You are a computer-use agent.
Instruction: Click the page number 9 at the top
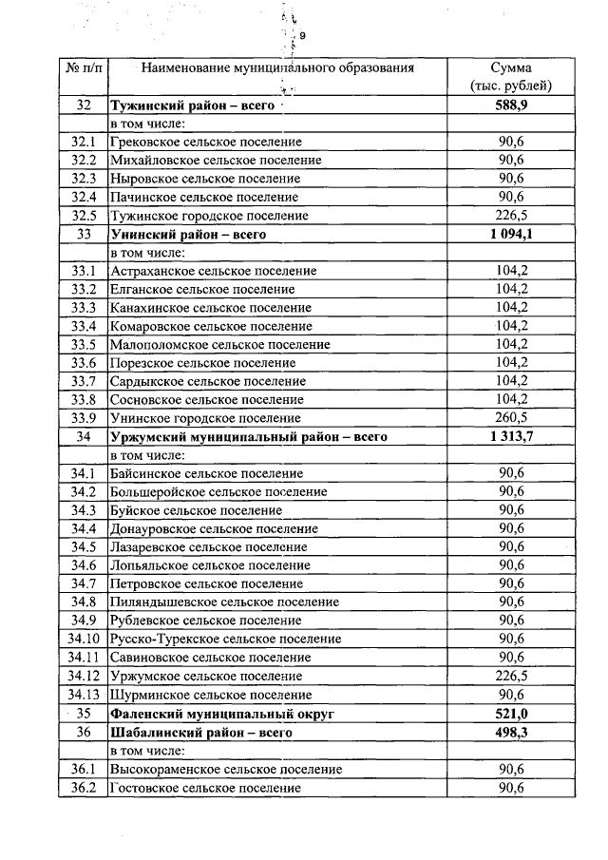[302, 36]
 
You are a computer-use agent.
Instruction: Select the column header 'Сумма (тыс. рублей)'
[510, 77]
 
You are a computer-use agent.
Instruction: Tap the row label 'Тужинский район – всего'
[192, 105]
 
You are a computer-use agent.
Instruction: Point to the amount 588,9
[510, 105]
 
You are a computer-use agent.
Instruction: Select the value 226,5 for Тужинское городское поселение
[511, 216]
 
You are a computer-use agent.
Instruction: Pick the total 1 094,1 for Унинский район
[510, 234]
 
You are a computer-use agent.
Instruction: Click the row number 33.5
[83, 344]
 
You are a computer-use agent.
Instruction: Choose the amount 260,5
[511, 418]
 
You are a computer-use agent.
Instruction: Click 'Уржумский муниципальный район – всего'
[250, 437]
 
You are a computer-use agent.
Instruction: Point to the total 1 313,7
[510, 437]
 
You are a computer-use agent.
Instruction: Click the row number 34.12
[83, 676]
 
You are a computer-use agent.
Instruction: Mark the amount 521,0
[510, 714]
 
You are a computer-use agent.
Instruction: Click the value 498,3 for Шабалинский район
[510, 733]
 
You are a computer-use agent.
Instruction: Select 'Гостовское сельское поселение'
[205, 788]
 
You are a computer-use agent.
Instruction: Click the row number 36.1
[83, 770]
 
